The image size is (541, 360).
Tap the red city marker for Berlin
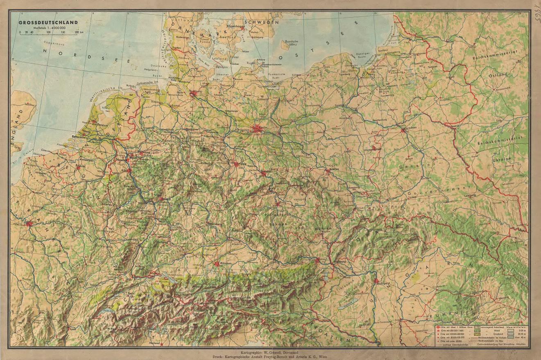coord(258,129)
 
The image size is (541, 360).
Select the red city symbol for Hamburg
coord(193,95)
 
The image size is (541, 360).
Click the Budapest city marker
coord(376,281)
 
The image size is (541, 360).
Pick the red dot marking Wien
coord(317,259)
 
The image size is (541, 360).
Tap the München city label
coord(226,263)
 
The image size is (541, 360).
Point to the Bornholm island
coord(292,43)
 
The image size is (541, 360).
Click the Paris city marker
coord(29,224)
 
